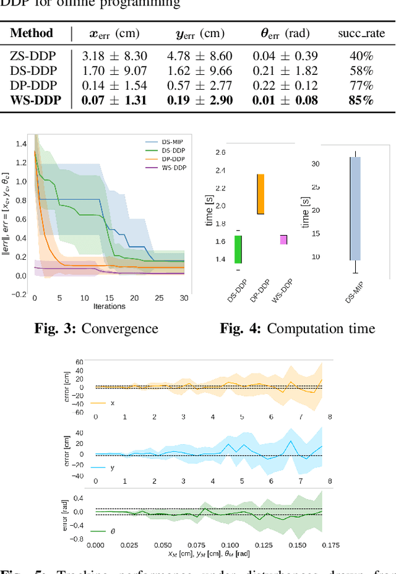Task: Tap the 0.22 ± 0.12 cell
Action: click(x=285, y=85)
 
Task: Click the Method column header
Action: click(x=32, y=33)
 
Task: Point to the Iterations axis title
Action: click(x=109, y=306)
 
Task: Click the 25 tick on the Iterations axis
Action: click(x=159, y=298)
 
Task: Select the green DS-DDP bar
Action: click(x=238, y=249)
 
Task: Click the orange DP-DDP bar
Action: click(x=261, y=194)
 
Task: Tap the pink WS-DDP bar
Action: click(x=283, y=239)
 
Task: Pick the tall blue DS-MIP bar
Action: click(x=355, y=208)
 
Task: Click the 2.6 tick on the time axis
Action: click(x=221, y=152)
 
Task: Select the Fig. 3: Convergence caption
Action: click(x=96, y=328)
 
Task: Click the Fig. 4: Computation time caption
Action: click(x=298, y=328)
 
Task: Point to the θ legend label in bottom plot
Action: click(x=113, y=531)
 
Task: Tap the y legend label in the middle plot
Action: click(x=113, y=468)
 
